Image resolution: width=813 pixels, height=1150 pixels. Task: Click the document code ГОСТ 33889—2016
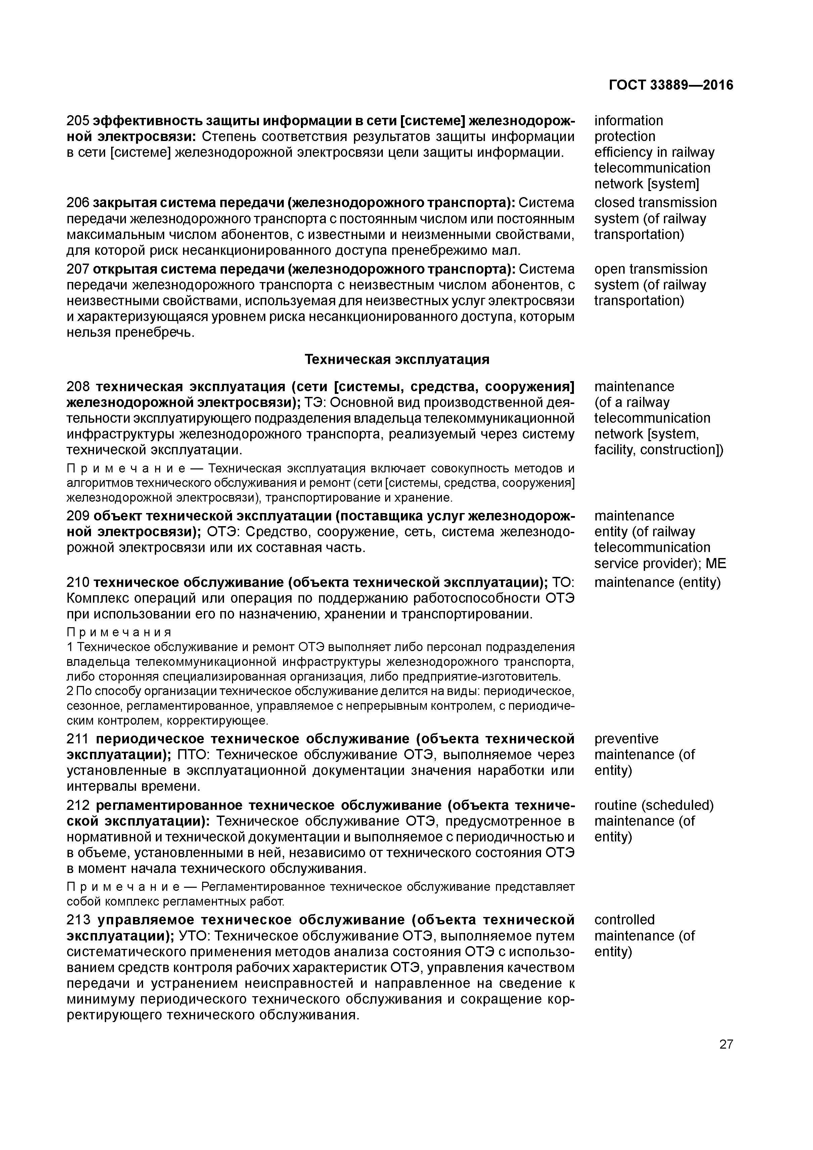click(671, 85)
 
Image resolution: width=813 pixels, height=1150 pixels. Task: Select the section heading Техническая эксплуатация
click(397, 360)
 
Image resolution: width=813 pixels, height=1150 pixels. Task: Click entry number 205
click(78, 121)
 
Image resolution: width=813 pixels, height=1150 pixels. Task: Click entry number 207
click(78, 270)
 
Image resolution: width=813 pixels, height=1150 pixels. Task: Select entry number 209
click(78, 516)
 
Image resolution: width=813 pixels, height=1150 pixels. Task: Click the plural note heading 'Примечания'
click(119, 632)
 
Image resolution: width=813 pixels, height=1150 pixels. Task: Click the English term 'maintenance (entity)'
click(657, 583)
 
